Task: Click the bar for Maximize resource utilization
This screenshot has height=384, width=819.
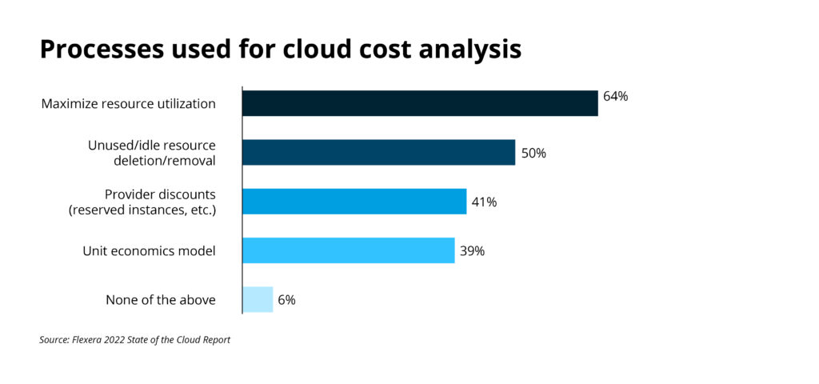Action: click(x=420, y=103)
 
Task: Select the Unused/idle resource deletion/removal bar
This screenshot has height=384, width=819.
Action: click(x=378, y=152)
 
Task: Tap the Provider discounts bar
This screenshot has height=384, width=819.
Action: click(x=354, y=202)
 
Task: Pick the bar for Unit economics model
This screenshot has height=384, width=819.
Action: click(x=348, y=250)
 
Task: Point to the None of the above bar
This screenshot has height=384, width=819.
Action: click(x=258, y=299)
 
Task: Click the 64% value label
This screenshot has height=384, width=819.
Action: click(x=616, y=97)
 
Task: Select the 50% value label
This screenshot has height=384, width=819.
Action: click(x=533, y=153)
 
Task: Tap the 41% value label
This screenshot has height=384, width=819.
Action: click(x=484, y=202)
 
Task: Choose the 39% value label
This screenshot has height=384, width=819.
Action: click(x=472, y=251)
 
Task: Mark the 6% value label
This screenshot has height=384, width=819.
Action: click(x=287, y=300)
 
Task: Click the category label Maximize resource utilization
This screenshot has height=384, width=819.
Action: click(x=129, y=104)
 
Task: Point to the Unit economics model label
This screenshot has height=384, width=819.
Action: click(x=150, y=251)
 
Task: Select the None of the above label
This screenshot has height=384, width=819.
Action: click(x=161, y=300)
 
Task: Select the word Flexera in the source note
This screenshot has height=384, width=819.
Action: click(x=90, y=340)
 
